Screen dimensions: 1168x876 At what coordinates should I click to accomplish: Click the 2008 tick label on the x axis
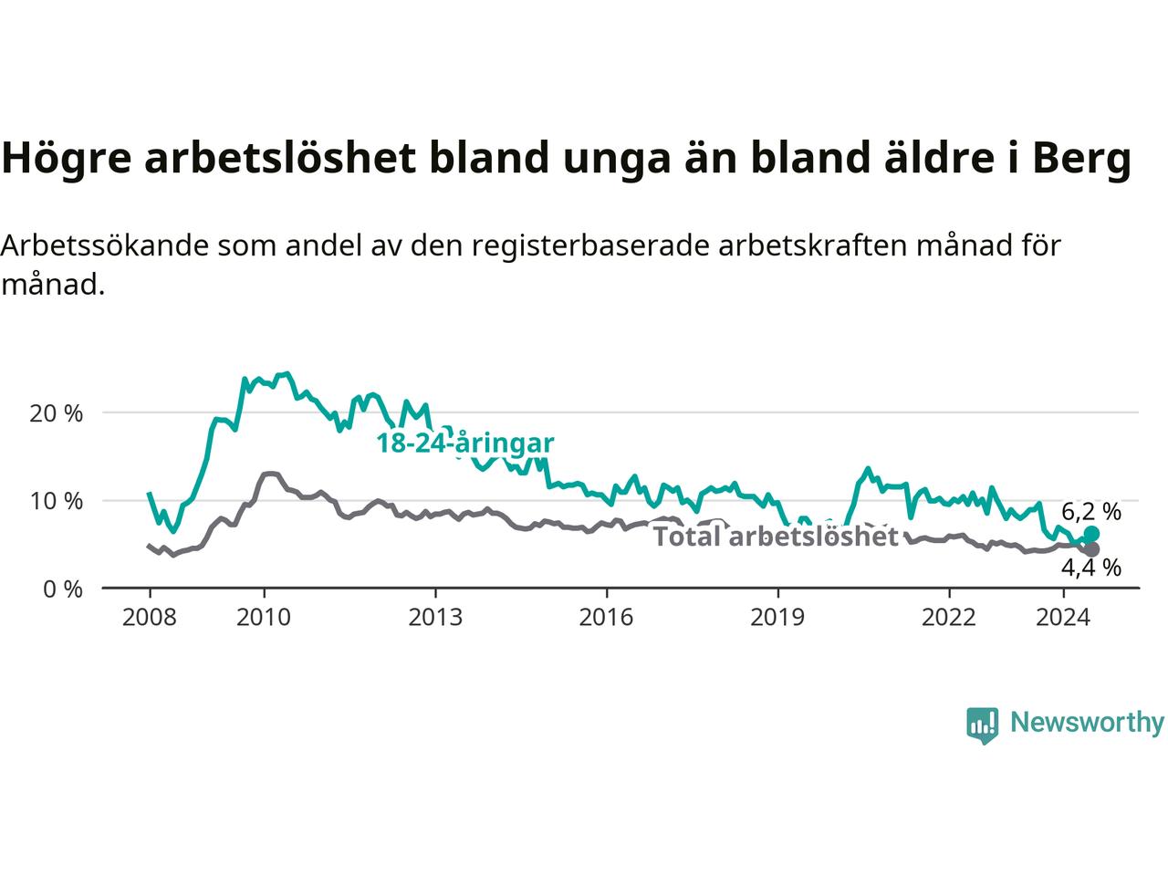click(149, 618)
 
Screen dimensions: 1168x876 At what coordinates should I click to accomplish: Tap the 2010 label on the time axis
click(264, 618)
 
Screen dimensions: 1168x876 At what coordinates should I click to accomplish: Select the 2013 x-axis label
click(435, 618)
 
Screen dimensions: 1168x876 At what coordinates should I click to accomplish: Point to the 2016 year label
click(606, 618)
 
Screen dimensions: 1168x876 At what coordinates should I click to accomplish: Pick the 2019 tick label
click(777, 618)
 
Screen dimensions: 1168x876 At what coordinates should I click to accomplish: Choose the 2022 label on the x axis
click(949, 618)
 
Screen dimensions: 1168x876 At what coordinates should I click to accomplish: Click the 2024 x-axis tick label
click(1063, 618)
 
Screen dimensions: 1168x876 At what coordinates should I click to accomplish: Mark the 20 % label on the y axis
click(57, 413)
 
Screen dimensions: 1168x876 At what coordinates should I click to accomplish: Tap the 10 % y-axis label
click(57, 501)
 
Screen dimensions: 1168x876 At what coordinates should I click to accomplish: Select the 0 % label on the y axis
click(63, 589)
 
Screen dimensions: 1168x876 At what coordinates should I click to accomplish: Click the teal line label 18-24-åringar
click(465, 443)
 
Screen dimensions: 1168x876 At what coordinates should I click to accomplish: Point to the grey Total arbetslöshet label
click(776, 537)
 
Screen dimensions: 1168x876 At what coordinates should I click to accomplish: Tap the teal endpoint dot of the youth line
click(1091, 534)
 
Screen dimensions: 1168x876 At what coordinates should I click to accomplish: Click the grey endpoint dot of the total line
click(1091, 549)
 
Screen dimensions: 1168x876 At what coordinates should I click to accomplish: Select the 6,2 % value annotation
click(1091, 512)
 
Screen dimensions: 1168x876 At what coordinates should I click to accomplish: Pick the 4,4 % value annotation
click(1091, 568)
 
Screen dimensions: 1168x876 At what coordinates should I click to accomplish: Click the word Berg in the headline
click(1082, 159)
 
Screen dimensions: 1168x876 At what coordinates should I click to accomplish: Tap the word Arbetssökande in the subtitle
click(105, 245)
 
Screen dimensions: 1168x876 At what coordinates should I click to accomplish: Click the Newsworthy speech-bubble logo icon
click(982, 725)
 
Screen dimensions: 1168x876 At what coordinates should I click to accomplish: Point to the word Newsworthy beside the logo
click(1087, 723)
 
